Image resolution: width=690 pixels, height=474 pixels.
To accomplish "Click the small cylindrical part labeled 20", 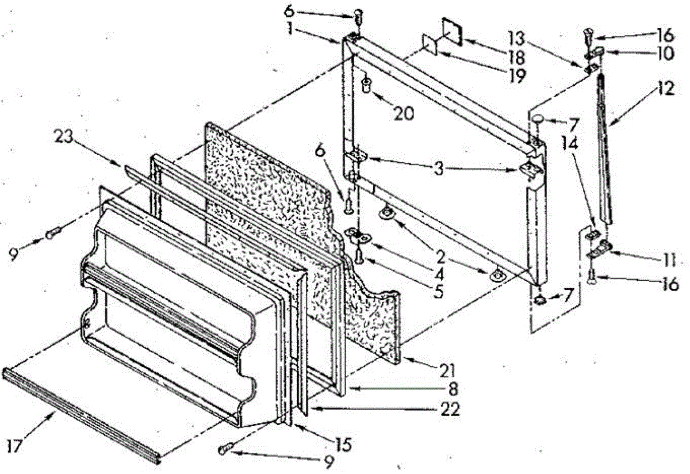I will coord(365,86).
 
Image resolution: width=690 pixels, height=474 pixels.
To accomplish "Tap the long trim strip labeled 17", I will coord(80,413).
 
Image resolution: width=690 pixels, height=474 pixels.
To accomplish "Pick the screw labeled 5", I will coord(359,255).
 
